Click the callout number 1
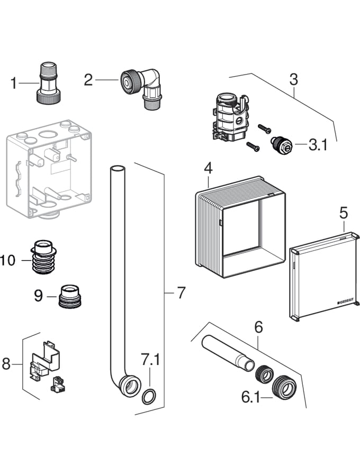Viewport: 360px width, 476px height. [x=14, y=82]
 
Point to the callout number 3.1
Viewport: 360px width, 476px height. [x=319, y=145]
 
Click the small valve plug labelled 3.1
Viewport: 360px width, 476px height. [x=280, y=144]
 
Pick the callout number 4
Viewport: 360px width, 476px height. [x=208, y=169]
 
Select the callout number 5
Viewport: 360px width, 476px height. [x=344, y=214]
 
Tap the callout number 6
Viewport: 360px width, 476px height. [x=258, y=328]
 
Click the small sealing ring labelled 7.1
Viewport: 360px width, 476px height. [x=149, y=395]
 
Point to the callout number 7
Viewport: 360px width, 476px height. [x=182, y=292]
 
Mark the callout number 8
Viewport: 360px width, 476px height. [x=6, y=364]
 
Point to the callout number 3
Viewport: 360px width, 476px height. [x=293, y=80]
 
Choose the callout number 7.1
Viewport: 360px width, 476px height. [x=150, y=361]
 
